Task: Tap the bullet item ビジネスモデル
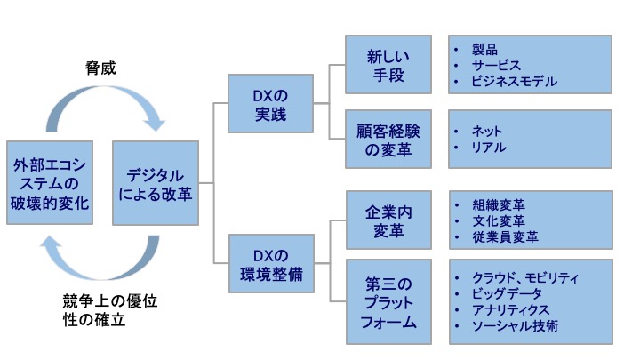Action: pyautogui.click(x=514, y=81)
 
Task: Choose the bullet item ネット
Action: pyautogui.click(x=487, y=131)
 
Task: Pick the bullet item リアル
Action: pyautogui.click(x=488, y=147)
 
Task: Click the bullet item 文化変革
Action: pyautogui.click(x=499, y=220)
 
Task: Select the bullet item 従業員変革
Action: pyautogui.click(x=504, y=237)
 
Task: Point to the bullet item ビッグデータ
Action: pyautogui.click(x=508, y=293)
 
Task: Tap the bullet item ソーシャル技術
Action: pyautogui.click(x=515, y=326)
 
